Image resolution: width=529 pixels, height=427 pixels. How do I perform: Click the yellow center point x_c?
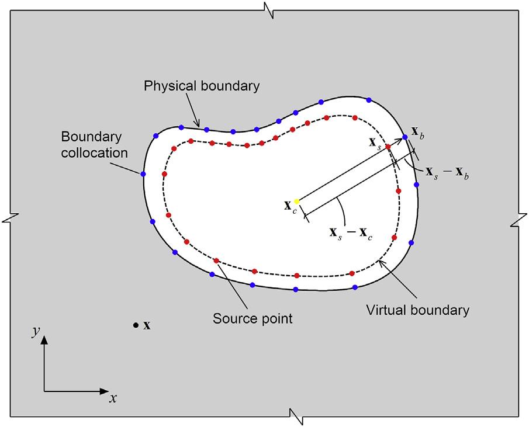coord(296,202)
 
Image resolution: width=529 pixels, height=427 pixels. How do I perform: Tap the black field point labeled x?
coord(135,325)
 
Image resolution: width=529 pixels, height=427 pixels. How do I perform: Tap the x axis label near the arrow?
coord(113,398)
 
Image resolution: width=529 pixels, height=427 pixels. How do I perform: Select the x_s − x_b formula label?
coord(447,173)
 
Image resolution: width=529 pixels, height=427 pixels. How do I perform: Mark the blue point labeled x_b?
coord(404,137)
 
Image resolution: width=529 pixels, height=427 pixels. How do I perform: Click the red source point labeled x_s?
coord(388,146)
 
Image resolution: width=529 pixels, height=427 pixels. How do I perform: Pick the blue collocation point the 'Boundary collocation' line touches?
coord(143,174)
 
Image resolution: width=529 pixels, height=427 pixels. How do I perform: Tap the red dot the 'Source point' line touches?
coord(216,261)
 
